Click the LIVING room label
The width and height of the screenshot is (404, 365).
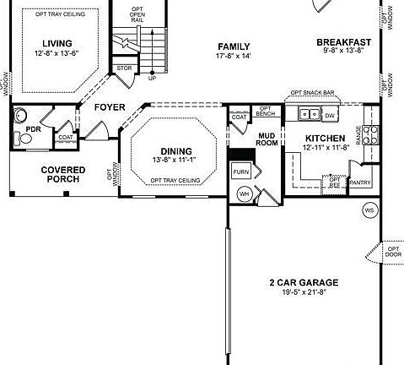[57, 43]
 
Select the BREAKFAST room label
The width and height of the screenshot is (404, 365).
[344, 42]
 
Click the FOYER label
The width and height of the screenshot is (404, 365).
[109, 107]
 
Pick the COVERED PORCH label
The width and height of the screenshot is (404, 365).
[63, 174]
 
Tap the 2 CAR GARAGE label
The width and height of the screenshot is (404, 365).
[304, 282]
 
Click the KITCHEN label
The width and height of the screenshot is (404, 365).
[324, 137]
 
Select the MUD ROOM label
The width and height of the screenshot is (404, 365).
[267, 139]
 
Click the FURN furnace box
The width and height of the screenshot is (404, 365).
[240, 172]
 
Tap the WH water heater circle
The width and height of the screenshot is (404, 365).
[245, 194]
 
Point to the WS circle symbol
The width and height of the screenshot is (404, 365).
[369, 209]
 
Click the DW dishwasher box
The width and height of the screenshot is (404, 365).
[330, 115]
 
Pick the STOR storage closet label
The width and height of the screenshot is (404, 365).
[125, 68]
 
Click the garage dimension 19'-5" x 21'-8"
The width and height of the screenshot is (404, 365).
[304, 292]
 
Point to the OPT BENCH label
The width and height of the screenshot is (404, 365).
[265, 111]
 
